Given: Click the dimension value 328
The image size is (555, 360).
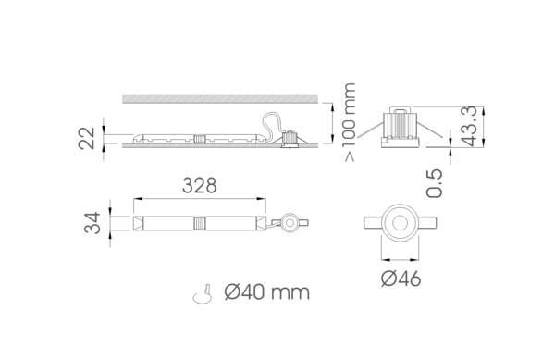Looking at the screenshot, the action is (199, 185).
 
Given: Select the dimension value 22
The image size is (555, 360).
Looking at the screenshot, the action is (87, 138).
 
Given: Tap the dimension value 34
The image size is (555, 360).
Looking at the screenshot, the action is (92, 223).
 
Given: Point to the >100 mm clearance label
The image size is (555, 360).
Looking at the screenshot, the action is (350, 122).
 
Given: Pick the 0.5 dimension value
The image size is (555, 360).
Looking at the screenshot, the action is (435, 183).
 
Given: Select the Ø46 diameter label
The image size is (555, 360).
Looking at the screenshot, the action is (401, 279).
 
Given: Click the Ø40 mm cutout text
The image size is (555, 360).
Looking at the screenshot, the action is (267, 292).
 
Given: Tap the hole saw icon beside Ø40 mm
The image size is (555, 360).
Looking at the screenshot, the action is (203, 294).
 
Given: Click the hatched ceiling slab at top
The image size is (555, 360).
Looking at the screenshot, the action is (220, 99).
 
